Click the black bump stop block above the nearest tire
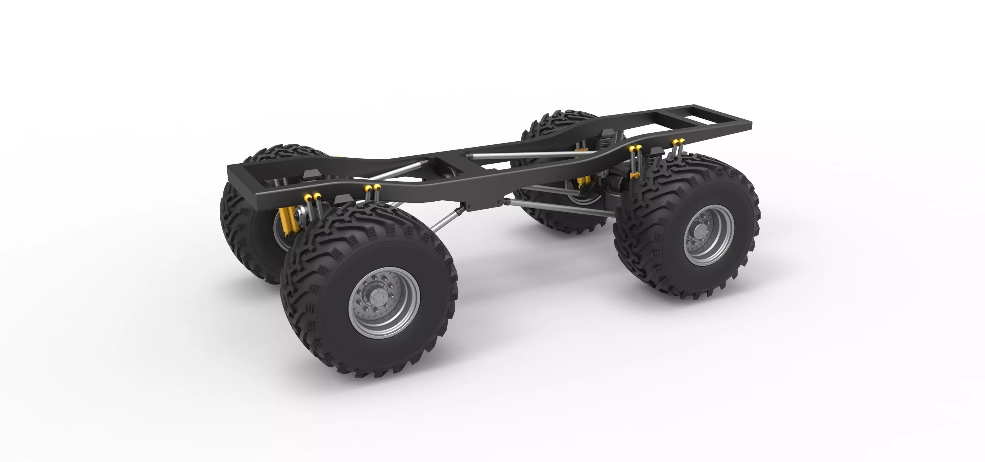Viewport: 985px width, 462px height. pos(343,199)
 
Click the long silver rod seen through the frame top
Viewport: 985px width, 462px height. pos(528,155)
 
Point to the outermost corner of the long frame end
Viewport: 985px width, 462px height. pos(750,123)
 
